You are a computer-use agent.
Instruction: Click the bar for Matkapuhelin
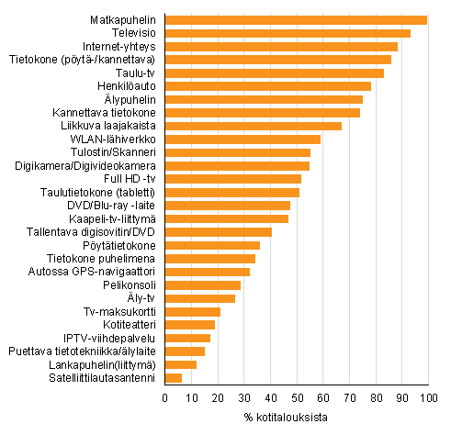(x=296, y=19)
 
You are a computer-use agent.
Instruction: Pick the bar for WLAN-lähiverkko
(x=242, y=139)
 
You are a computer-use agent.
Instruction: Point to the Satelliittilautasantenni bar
(x=174, y=377)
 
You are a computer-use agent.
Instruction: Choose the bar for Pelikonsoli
(x=203, y=284)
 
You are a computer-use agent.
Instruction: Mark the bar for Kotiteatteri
(x=190, y=324)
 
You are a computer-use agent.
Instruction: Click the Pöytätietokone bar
(x=212, y=245)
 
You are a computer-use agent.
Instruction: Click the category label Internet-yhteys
(x=119, y=46)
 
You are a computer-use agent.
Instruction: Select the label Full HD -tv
(x=130, y=178)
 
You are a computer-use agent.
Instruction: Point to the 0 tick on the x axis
(x=165, y=397)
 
